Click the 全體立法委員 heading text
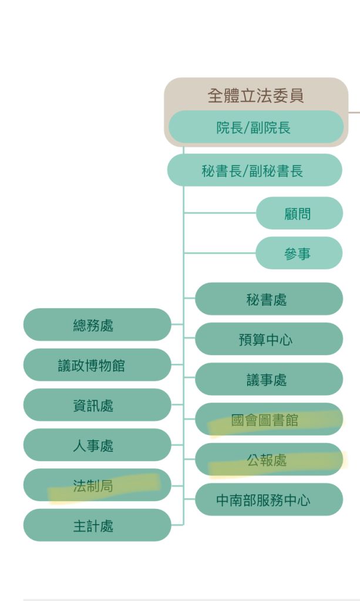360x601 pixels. (255, 95)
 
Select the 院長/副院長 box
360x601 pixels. (255, 127)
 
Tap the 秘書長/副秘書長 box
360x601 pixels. (254, 171)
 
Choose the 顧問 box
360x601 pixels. (299, 214)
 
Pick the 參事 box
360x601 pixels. (299, 254)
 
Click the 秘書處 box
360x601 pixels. (268, 299)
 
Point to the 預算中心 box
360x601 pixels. (268, 339)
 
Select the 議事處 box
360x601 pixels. (268, 379)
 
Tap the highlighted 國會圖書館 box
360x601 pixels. (268, 419)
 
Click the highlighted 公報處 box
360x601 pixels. (268, 460)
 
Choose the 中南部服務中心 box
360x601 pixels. (268, 500)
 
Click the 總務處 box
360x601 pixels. (97, 325)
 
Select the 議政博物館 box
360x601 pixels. (97, 365)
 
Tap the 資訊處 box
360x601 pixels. (97, 405)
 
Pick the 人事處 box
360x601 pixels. (97, 445)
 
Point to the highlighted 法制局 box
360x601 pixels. (97, 485)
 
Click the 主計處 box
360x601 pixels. (97, 526)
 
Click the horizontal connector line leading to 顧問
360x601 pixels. (220, 213)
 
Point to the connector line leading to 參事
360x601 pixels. (220, 253)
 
